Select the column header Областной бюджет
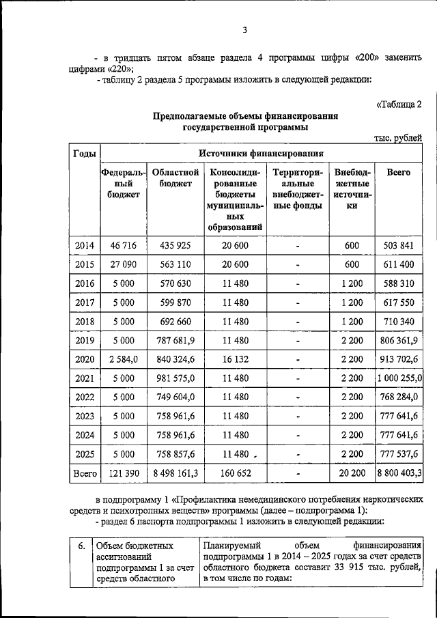click(175, 178)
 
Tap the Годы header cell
click(84, 154)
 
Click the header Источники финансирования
click(261, 154)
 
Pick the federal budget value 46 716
click(124, 245)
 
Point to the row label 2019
click(84, 339)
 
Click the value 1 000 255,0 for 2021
click(399, 378)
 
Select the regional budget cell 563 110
click(175, 264)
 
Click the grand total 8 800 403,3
click(399, 472)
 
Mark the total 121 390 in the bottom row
click(124, 472)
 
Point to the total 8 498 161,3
click(175, 472)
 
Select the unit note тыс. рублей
click(398, 137)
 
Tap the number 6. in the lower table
click(81, 546)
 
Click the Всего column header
click(399, 173)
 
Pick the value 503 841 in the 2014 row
click(399, 245)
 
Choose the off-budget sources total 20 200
click(352, 472)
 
